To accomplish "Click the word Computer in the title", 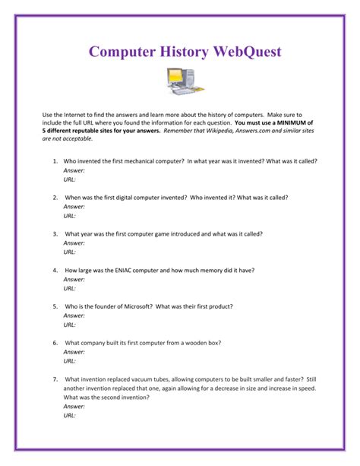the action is [125, 52].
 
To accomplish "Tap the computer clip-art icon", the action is [180, 80].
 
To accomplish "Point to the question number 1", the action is [55, 161].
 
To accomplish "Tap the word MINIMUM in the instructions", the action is [292, 122].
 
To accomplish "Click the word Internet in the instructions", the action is [79, 113].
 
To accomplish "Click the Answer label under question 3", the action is [74, 243].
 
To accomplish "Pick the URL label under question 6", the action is [70, 360].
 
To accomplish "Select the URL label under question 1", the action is [70, 179].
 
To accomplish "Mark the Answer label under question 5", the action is [74, 315].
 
